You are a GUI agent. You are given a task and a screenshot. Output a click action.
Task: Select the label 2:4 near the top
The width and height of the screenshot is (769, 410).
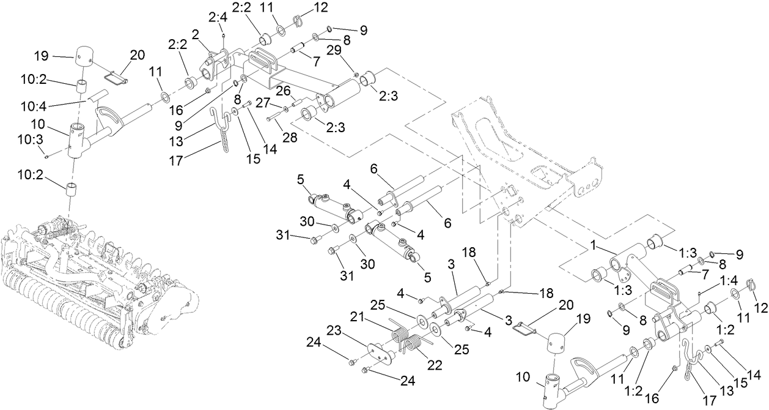(217, 18)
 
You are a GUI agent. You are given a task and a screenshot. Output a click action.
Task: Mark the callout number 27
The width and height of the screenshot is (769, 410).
(263, 103)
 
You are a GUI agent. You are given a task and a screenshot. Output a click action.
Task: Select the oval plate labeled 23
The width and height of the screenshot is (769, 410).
(380, 352)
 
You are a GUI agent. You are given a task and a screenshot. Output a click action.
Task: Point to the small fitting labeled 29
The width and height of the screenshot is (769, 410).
(356, 75)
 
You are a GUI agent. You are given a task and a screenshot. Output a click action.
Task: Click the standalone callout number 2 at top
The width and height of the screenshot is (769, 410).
(196, 34)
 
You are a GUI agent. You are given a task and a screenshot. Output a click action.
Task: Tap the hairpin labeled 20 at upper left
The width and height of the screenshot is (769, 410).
(114, 78)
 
